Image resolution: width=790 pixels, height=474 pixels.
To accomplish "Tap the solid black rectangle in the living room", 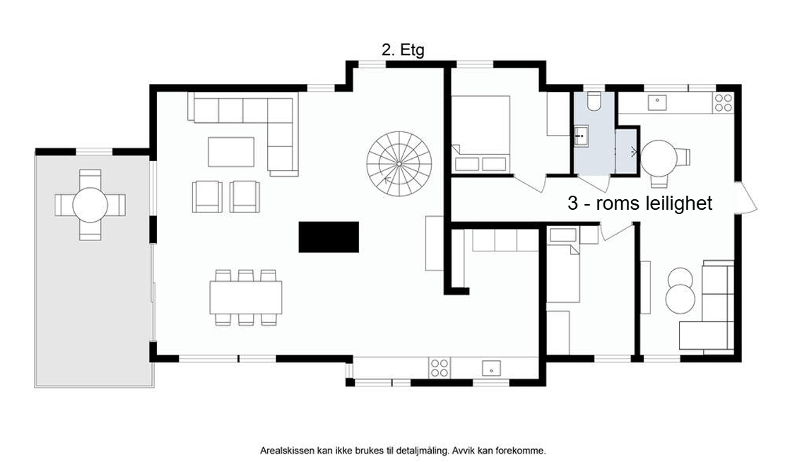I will [329, 237].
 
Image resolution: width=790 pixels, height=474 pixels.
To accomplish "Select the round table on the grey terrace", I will [90, 204].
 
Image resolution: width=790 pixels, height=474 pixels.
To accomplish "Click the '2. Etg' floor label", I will [403, 50].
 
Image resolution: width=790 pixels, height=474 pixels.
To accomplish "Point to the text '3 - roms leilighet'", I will [640, 203].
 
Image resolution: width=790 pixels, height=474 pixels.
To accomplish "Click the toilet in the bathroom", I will [593, 102].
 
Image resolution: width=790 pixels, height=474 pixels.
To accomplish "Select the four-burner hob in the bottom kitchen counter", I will [440, 367].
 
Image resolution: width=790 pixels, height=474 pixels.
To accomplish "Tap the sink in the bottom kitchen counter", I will [491, 367].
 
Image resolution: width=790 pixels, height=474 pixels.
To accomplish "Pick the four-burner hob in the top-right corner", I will [723, 103].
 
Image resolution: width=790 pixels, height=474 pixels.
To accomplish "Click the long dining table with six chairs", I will [245, 297].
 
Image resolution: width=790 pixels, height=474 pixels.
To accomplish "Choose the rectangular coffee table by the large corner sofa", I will [231, 151].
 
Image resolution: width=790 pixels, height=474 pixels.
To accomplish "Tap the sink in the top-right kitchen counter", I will [658, 101].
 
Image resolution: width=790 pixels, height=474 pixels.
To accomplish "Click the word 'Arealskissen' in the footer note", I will [285, 450].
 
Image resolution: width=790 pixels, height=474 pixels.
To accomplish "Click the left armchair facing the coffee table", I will [206, 196].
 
